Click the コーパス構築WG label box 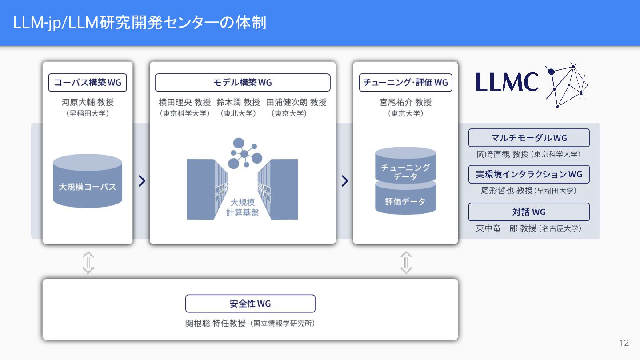(x=88, y=83)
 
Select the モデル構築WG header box (x=242, y=83)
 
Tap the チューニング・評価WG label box (x=405, y=83)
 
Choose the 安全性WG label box (x=250, y=304)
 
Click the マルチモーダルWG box (x=529, y=138)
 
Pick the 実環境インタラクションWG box (x=529, y=174)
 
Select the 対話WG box (x=529, y=212)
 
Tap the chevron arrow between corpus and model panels (x=142, y=181)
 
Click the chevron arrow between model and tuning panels (x=345, y=181)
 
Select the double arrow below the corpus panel (x=88, y=262)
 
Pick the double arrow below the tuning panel (x=406, y=262)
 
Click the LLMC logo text (x=507, y=82)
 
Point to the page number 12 (x=624, y=343)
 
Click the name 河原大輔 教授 (x=88, y=103)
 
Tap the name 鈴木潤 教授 (x=238, y=103)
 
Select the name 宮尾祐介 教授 (x=405, y=103)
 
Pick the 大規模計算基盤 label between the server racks (x=242, y=208)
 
